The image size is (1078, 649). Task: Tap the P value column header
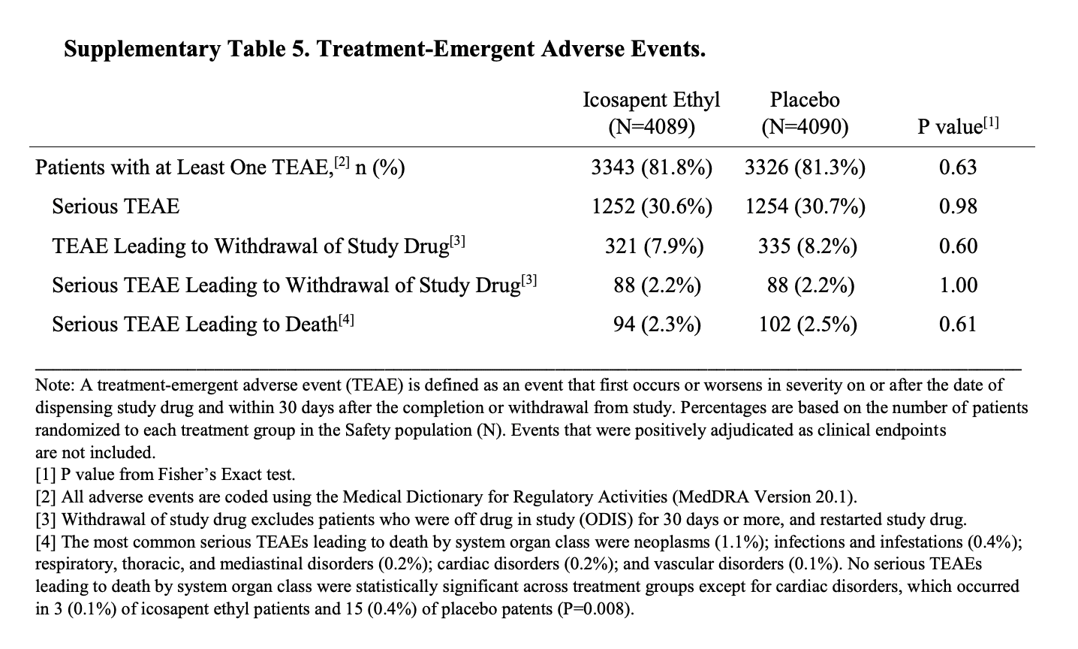(959, 126)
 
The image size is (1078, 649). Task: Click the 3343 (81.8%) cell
(652, 167)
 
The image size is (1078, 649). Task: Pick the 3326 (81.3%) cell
(805, 167)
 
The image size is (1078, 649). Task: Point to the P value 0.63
(958, 167)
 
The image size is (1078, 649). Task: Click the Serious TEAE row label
(116, 207)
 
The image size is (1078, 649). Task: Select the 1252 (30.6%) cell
(652, 207)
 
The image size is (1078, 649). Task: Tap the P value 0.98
(958, 207)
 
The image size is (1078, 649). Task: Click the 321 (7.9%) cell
(654, 246)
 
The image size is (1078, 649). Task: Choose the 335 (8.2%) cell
(807, 246)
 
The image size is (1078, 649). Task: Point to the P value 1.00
(959, 285)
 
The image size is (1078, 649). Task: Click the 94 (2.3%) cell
(657, 324)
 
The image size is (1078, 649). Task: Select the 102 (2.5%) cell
(807, 324)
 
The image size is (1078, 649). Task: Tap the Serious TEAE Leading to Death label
(203, 324)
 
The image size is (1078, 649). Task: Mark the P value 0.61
(958, 324)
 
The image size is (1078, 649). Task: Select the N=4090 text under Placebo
(805, 126)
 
